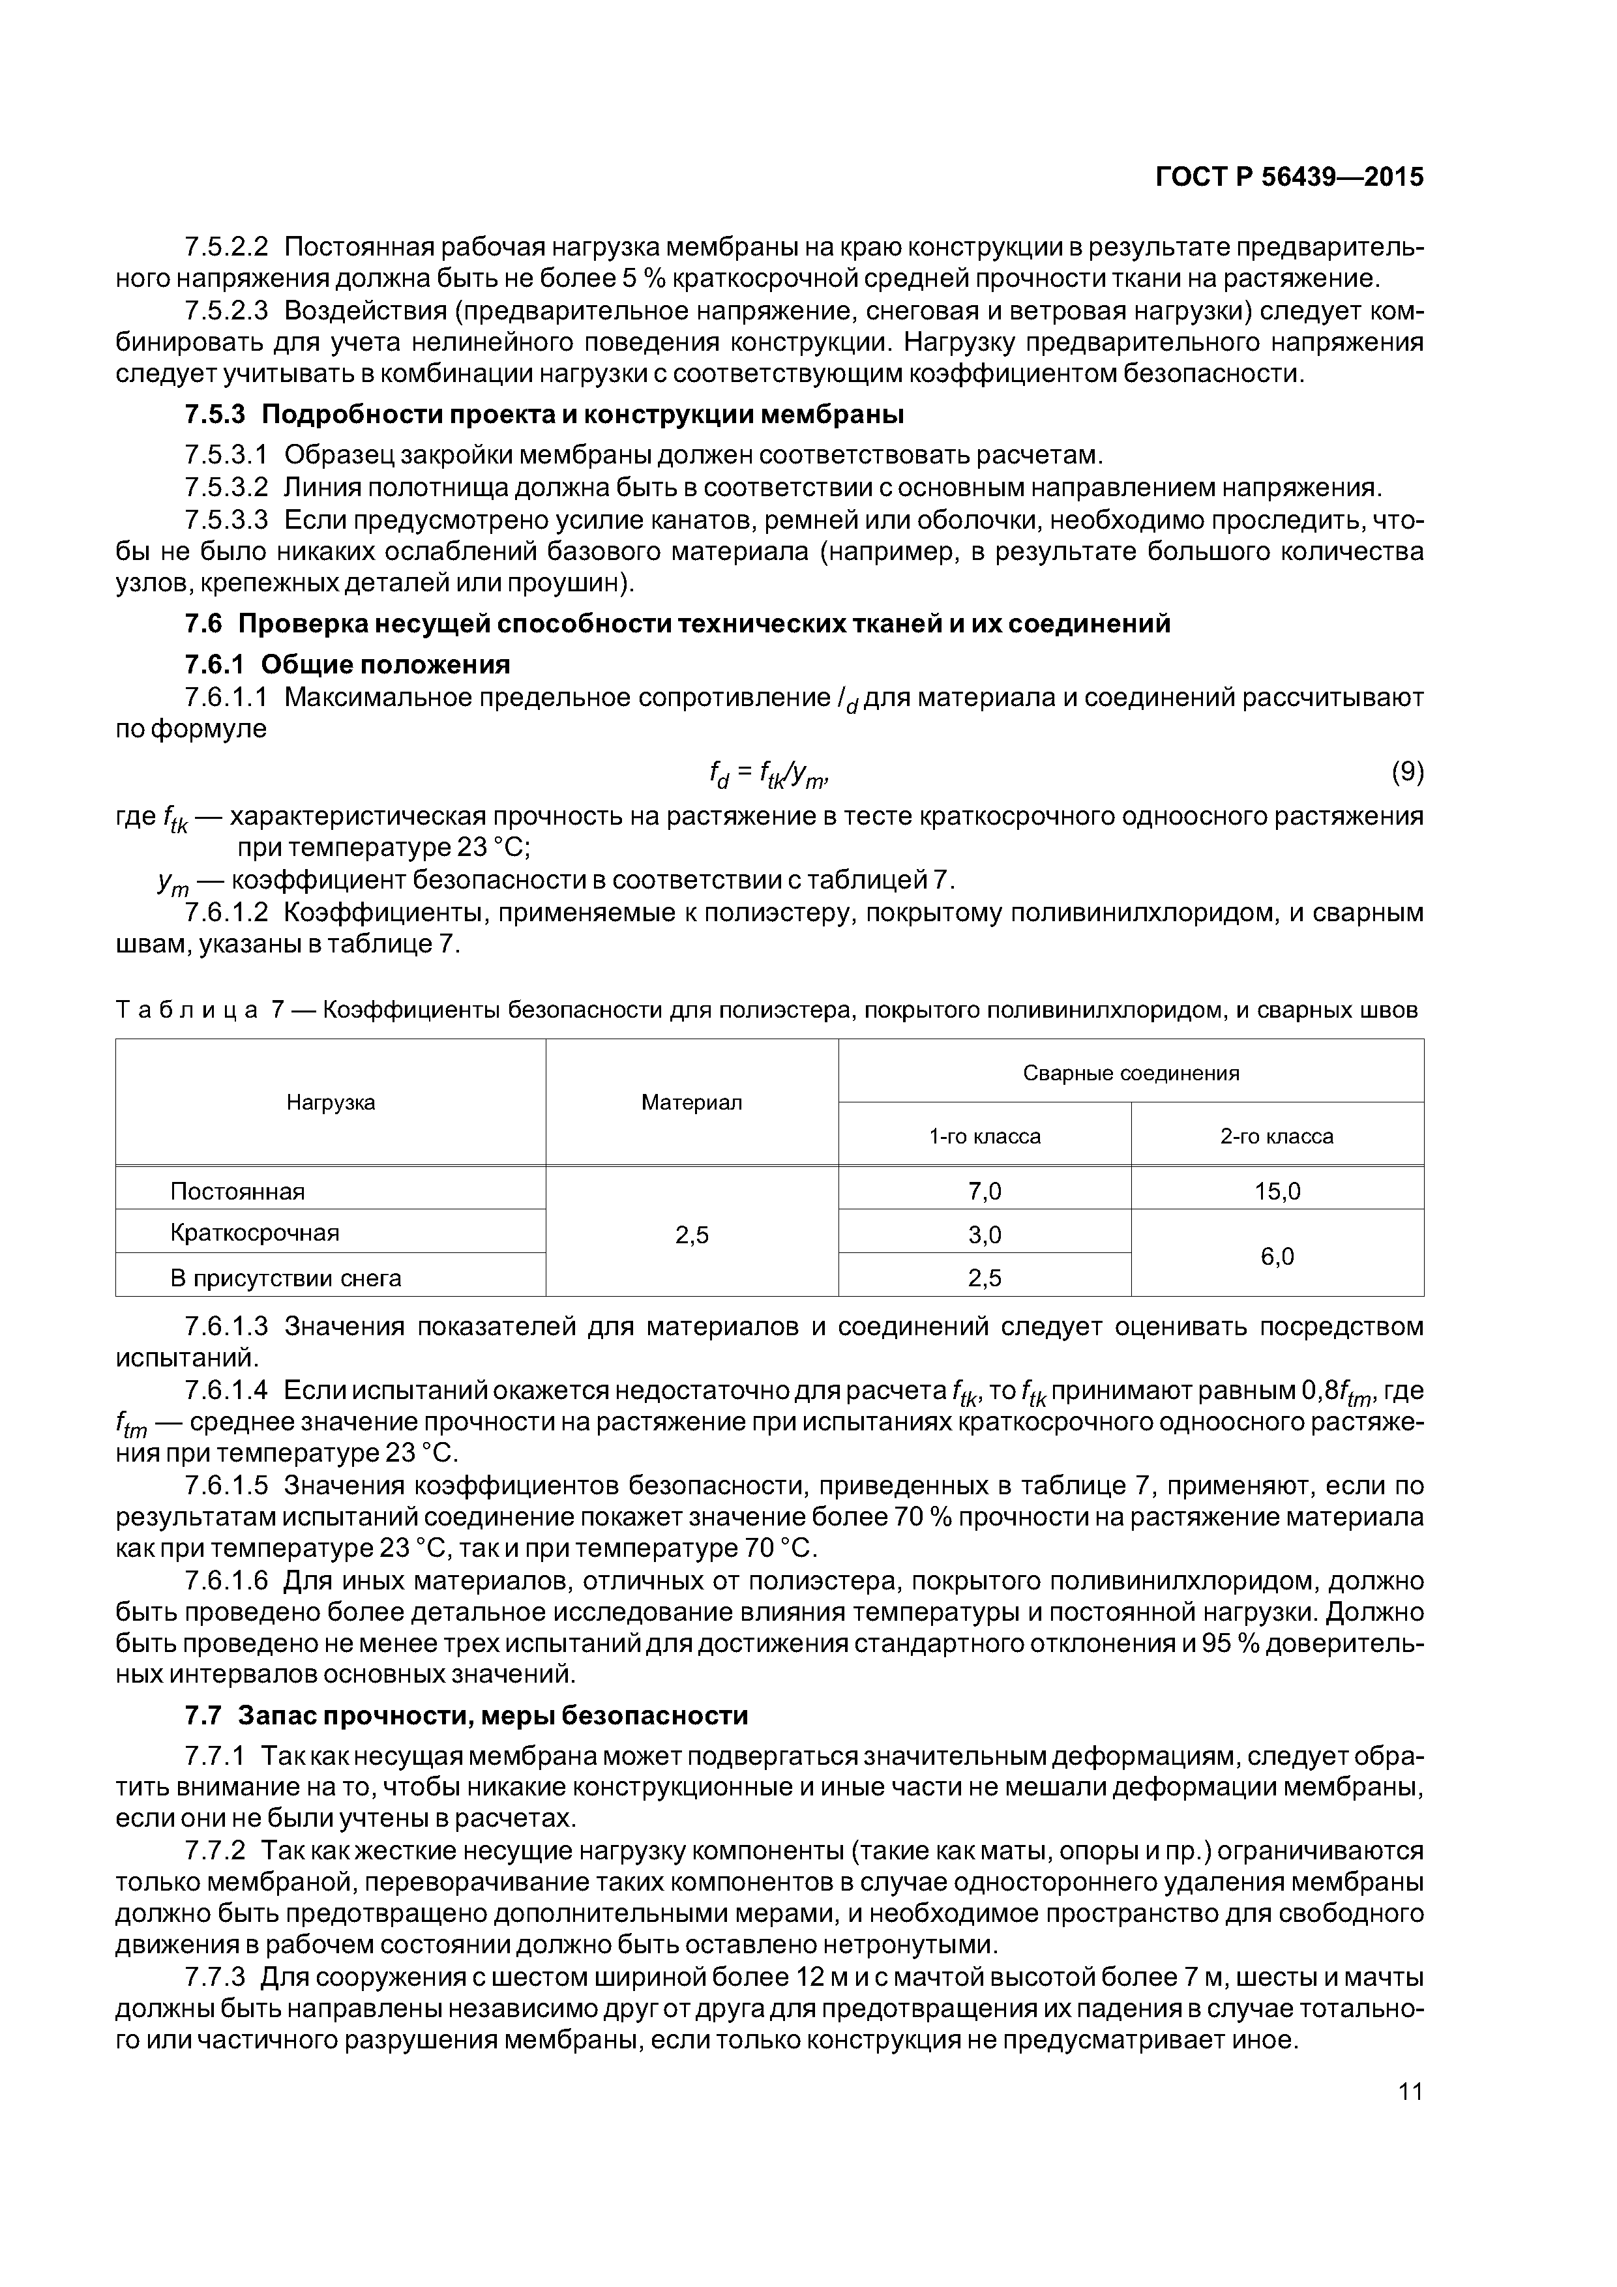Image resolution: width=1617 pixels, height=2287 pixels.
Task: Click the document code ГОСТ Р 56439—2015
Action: tap(1288, 177)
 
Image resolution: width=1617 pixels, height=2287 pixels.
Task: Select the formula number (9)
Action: tap(1406, 771)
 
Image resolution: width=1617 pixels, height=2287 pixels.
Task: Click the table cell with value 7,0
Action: tap(985, 1191)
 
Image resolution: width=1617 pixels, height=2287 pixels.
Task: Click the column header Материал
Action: tap(691, 1102)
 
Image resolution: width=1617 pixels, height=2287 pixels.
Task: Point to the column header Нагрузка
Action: tap(331, 1102)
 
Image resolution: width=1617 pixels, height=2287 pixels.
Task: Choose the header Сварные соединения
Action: tap(1131, 1073)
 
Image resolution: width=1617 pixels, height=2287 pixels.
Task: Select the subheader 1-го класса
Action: tap(985, 1136)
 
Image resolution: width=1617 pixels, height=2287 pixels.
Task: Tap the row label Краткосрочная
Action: tap(254, 1233)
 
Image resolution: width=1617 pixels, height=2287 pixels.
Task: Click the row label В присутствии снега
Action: tap(285, 1278)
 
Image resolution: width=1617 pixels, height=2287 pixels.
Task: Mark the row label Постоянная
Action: tap(237, 1191)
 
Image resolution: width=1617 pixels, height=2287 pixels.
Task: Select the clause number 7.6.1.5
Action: tap(226, 1486)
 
